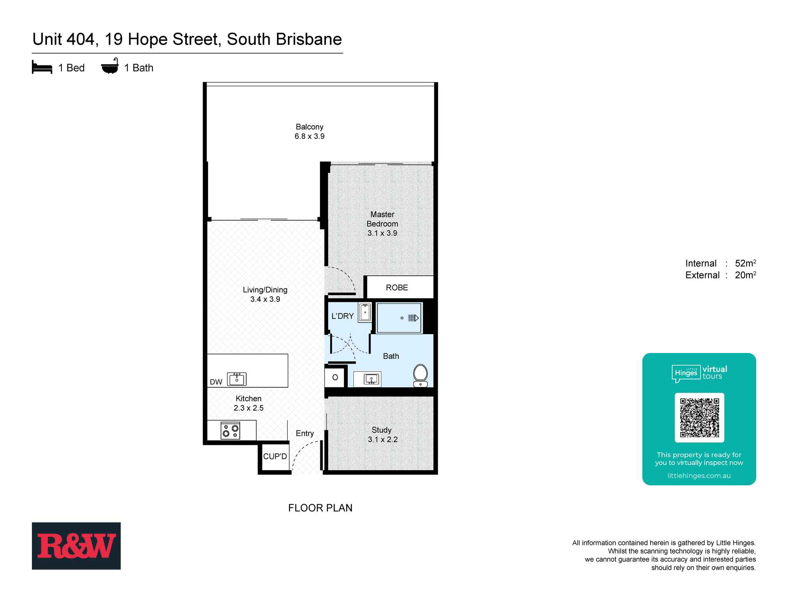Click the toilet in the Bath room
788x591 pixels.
[x=420, y=374]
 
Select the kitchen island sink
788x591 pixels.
[x=237, y=379]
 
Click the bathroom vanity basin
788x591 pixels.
[x=371, y=379]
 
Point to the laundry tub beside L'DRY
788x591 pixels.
[x=365, y=312]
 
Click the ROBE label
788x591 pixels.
[x=397, y=288]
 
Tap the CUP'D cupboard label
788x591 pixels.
[x=275, y=457]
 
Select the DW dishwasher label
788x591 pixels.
[x=216, y=382]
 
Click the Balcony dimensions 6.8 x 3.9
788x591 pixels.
[x=309, y=136]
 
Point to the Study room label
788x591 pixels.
[x=381, y=430]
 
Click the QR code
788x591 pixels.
[x=699, y=418]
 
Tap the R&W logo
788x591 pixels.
[x=76, y=546]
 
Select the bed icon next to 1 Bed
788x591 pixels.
[x=42, y=67]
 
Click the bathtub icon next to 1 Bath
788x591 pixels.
[x=110, y=67]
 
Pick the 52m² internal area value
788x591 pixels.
[x=745, y=263]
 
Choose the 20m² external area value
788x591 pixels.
[x=745, y=275]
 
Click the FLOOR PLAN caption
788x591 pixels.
[x=320, y=508]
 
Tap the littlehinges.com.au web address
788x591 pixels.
[x=699, y=476]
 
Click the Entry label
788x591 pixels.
[x=305, y=433]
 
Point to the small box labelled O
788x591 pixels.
[x=335, y=377]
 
